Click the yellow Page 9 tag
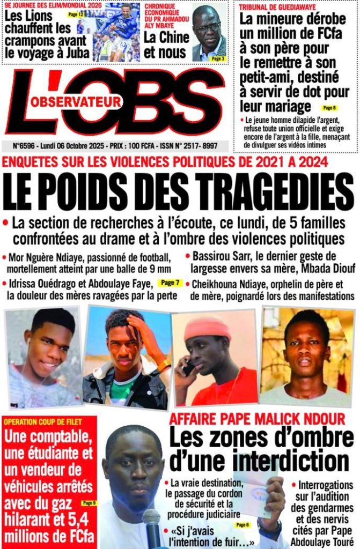[x=89, y=503]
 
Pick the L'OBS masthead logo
[x=115, y=102]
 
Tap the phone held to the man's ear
[x=188, y=368]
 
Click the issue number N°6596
[x=28, y=145]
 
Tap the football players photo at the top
[x=115, y=32]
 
